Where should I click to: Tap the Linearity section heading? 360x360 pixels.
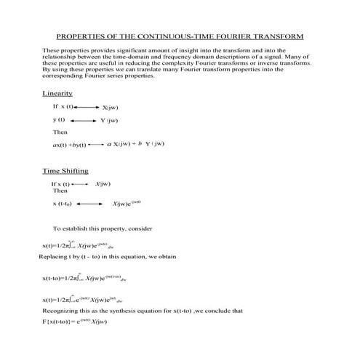57,95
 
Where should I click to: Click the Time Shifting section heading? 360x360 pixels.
65,171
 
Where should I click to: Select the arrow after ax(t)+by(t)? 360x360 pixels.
96,145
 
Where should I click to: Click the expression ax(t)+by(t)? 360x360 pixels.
69,145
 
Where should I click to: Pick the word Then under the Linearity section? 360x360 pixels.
60,132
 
